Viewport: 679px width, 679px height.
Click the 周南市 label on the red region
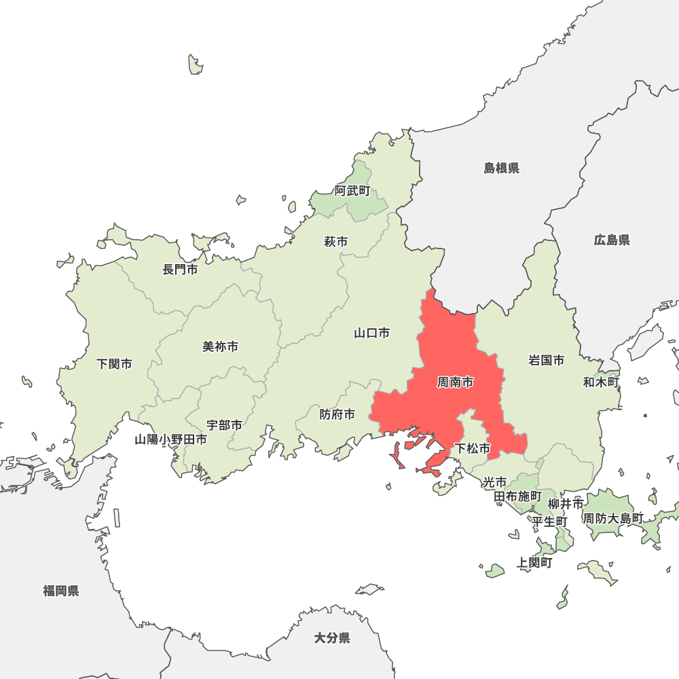coord(455,383)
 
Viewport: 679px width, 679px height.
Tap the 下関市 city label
coord(114,364)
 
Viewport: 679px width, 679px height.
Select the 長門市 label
coord(180,270)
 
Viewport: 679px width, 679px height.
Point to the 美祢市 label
coord(220,346)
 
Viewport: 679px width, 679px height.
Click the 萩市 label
coord(335,241)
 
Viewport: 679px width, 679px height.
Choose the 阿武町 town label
coord(352,191)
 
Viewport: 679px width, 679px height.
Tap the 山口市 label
coord(371,333)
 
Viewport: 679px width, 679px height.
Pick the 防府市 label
coord(337,414)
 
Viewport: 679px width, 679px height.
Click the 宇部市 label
coord(224,425)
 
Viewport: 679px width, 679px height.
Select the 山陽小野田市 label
coord(170,439)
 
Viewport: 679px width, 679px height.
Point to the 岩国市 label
coord(546,360)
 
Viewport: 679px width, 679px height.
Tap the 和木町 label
coord(601,382)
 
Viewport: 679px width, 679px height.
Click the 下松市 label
coord(472,448)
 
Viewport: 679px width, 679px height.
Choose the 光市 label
coord(494,482)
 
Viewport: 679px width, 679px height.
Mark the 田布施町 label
coord(517,496)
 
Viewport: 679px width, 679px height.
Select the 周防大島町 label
coord(613,518)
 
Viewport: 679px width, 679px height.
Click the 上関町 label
coord(534,562)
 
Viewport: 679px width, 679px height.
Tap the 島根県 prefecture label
coord(501,168)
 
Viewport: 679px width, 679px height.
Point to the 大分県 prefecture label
coord(332,638)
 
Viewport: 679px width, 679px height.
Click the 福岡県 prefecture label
coord(61,591)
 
